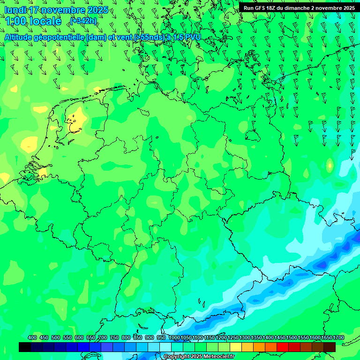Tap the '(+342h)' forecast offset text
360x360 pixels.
(83, 21)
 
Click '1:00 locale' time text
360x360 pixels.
(33, 21)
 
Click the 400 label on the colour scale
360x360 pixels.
(32, 338)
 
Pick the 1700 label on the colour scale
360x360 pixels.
(338, 338)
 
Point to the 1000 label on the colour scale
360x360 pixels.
(174, 338)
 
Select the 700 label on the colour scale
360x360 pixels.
(103, 338)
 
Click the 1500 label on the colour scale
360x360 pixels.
(292, 338)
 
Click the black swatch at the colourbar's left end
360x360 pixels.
(25, 347)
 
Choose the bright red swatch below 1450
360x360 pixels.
(283, 347)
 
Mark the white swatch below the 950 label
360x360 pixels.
(165, 347)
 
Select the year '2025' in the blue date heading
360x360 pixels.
(97, 10)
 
